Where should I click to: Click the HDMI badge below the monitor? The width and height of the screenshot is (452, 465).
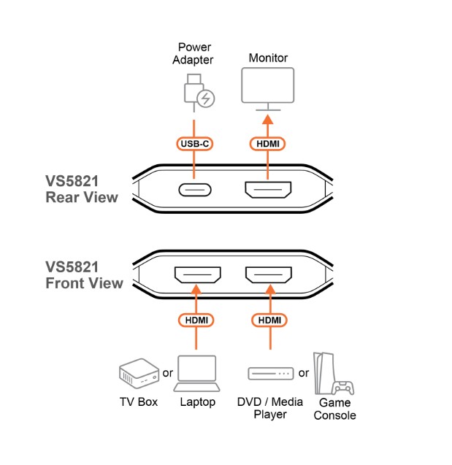267,144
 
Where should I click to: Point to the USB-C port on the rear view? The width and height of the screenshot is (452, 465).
194,191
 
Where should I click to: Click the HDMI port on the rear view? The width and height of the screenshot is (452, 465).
267,191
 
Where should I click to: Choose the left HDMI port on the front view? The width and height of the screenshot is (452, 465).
197,277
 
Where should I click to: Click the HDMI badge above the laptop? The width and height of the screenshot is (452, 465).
197,319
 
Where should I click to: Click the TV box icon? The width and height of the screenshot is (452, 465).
138,374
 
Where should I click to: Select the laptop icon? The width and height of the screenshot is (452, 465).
197,372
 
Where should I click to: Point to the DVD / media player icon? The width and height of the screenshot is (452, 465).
271,374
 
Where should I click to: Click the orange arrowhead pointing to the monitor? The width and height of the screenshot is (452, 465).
267,120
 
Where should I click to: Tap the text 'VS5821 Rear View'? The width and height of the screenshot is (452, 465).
81,189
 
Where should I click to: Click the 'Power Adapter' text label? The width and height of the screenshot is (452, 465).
194,53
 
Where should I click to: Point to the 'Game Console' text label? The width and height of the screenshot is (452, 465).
334,409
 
